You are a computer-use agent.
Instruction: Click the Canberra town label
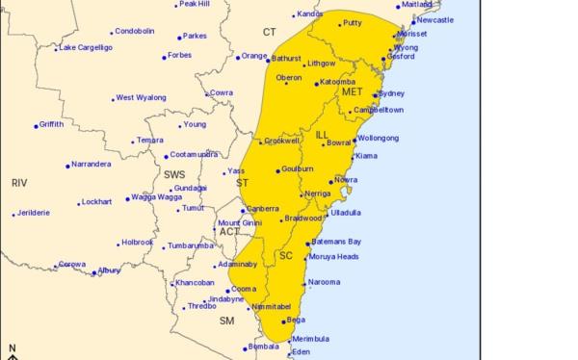pyautogui.click(x=263, y=209)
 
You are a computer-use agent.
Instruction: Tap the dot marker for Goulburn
pyautogui.click(x=278, y=171)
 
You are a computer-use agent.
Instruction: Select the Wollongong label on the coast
pyautogui.click(x=378, y=138)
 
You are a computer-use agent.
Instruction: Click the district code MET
pyautogui.click(x=352, y=92)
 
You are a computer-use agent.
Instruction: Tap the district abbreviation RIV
pyautogui.click(x=19, y=182)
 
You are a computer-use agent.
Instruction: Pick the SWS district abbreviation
pyautogui.click(x=174, y=174)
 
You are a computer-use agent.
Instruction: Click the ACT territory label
pyautogui.click(x=229, y=232)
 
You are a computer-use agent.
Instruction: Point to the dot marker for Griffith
pyautogui.click(x=37, y=125)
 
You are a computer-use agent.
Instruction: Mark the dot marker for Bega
pyautogui.click(x=283, y=321)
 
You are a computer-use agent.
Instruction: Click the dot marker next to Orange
pyautogui.click(x=238, y=57)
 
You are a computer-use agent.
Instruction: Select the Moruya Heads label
pyautogui.click(x=333, y=257)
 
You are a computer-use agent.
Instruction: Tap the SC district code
pyautogui.click(x=285, y=255)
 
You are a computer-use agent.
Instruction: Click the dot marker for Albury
pyautogui.click(x=94, y=272)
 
